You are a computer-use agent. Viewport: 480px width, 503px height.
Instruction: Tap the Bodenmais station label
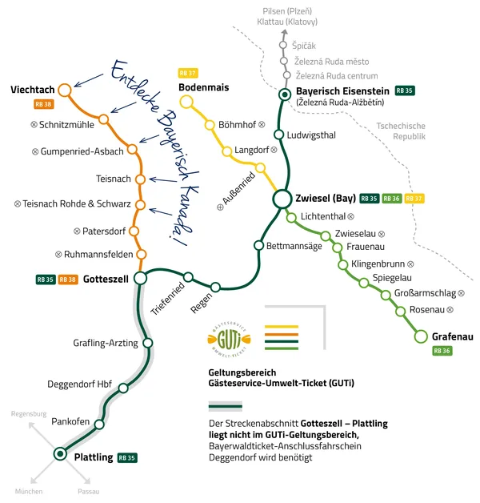[204, 86]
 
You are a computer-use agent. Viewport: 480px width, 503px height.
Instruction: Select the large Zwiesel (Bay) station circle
[282, 199]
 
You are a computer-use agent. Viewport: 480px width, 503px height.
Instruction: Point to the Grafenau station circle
[421, 336]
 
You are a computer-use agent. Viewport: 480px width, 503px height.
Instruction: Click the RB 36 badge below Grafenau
[442, 351]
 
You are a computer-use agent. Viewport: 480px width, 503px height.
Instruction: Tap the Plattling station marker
[59, 454]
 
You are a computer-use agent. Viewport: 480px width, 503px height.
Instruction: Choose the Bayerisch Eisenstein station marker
[284, 95]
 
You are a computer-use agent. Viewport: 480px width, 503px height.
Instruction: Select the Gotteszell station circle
[141, 278]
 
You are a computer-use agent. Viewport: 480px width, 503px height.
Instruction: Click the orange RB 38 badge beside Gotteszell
[68, 280]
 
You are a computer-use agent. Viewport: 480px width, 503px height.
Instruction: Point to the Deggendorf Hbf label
[80, 384]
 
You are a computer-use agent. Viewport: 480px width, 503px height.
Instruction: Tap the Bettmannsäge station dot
[258, 245]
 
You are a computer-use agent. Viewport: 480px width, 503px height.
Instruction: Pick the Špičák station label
[306, 46]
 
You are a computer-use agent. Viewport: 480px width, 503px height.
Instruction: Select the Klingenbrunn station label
[377, 264]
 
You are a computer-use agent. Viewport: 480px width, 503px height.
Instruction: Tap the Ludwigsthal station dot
[279, 135]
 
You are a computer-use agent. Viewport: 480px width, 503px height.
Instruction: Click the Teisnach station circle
[140, 179]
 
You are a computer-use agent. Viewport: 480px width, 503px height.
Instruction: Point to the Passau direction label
[89, 491]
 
